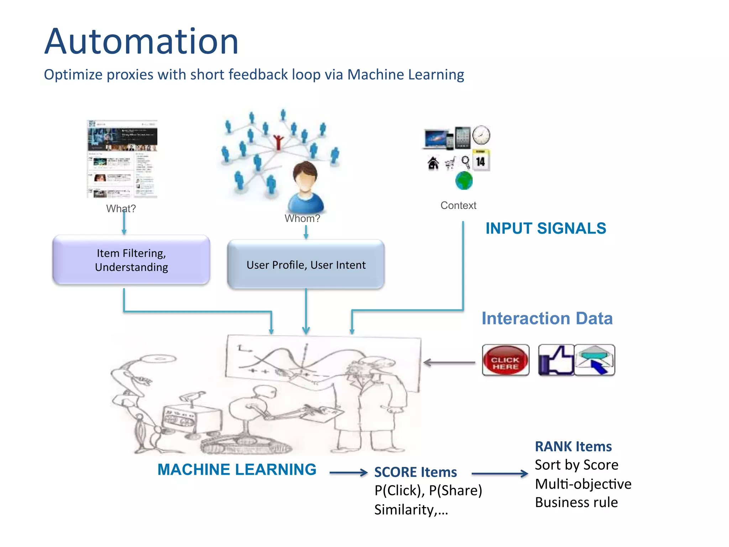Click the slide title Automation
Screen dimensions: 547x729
[x=141, y=42]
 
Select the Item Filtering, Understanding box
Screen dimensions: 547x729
[x=131, y=260]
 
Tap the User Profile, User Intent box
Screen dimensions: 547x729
[x=306, y=265]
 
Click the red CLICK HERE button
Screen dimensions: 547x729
[x=505, y=360]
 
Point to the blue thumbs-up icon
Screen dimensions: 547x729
[x=556, y=360]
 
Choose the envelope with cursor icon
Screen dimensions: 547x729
[x=594, y=360]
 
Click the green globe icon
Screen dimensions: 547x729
[x=464, y=181]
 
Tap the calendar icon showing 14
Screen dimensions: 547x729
[x=481, y=161]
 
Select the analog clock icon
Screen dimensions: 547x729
[x=481, y=135]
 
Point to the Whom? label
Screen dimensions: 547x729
[x=302, y=218]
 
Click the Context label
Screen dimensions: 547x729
[x=458, y=205]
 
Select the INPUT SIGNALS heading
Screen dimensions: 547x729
[x=546, y=228]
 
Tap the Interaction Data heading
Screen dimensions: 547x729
[x=547, y=318]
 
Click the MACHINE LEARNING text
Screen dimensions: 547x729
[x=237, y=469]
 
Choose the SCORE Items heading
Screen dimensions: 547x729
[x=415, y=472]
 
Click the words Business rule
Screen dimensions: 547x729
[x=576, y=502]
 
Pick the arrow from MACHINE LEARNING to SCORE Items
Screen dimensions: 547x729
[x=348, y=473]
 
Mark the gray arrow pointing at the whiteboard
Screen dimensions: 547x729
[x=449, y=363]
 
